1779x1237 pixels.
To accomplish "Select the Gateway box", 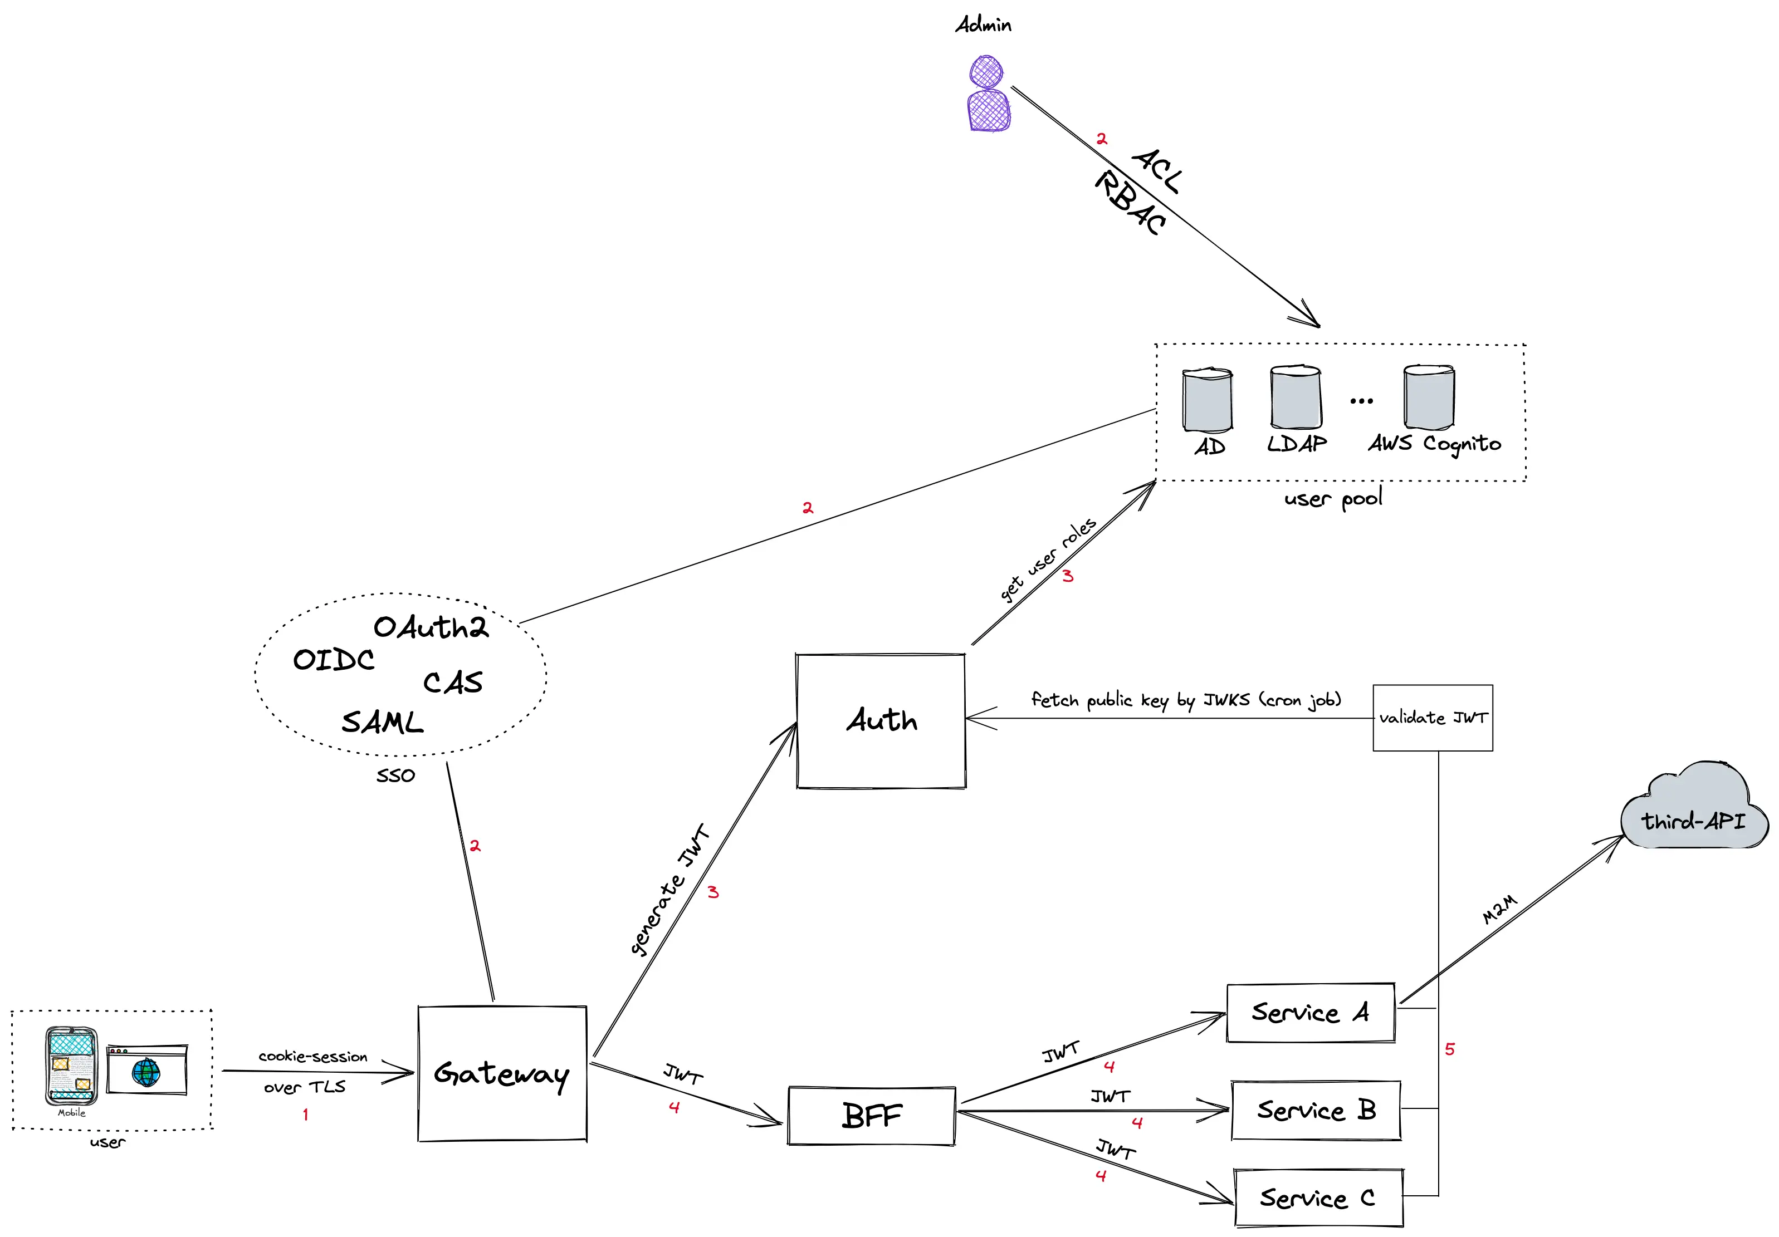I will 502,1073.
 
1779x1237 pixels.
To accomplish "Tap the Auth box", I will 881,720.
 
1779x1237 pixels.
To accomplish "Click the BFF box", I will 872,1116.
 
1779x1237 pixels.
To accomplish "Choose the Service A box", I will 1310,1013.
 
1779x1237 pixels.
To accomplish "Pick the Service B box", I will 1316,1110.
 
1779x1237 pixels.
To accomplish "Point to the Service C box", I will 1318,1197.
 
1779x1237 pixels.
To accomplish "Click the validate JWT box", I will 1433,717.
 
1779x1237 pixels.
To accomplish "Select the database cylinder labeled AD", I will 1207,400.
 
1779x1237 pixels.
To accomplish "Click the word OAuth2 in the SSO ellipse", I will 431,627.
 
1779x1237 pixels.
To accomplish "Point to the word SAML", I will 383,722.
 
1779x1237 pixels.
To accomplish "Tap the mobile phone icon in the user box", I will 71,1065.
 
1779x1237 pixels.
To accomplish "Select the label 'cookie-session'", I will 313,1057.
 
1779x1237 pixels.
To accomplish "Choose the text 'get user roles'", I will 1048,559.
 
